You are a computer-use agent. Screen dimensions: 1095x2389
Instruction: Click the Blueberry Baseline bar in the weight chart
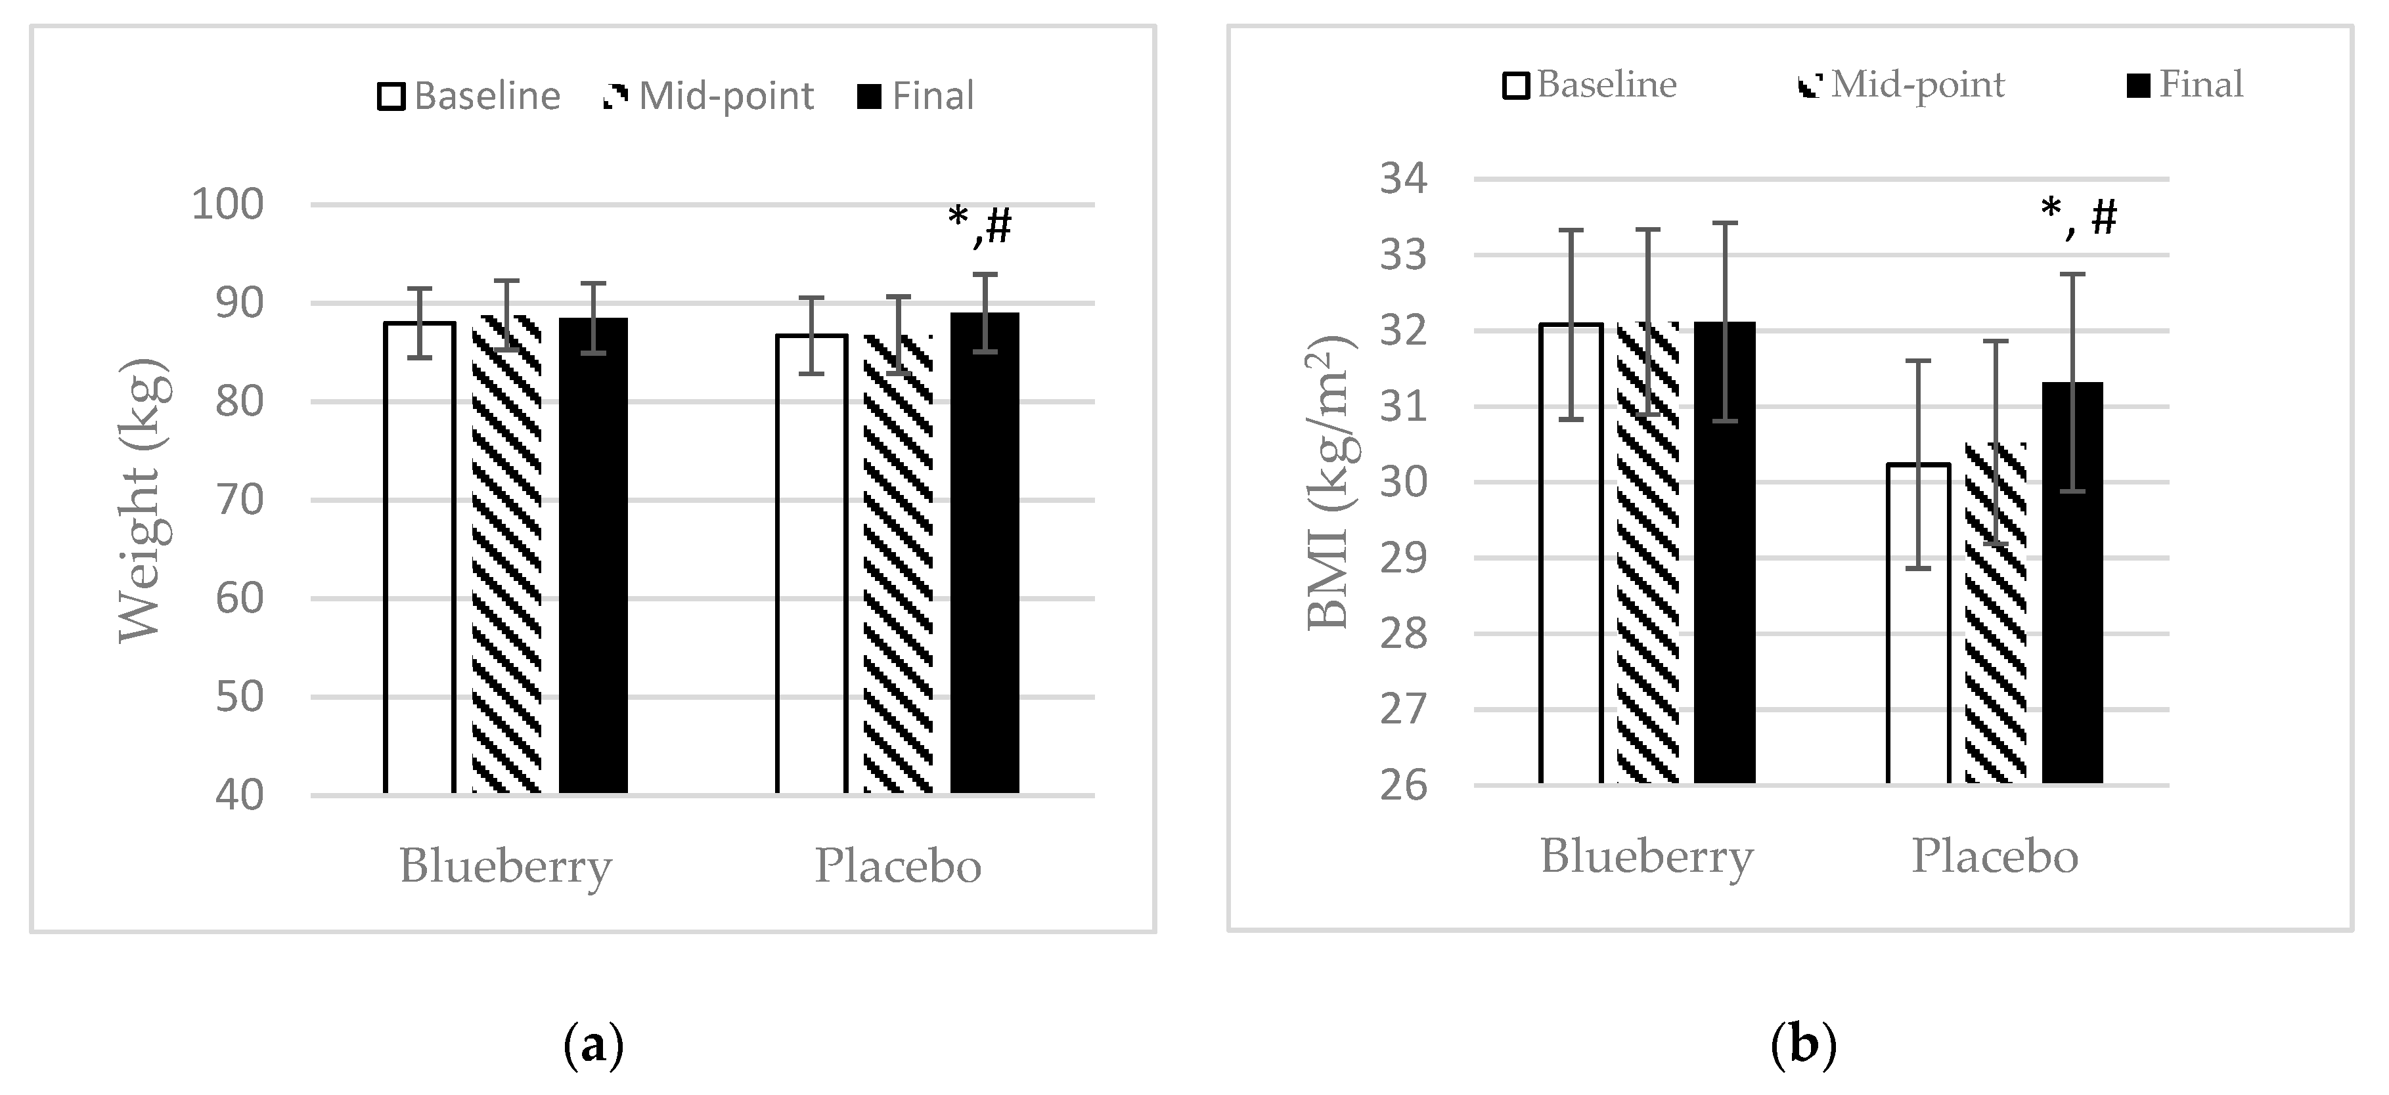[419, 556]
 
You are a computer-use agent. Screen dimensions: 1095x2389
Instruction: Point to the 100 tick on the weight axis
[227, 204]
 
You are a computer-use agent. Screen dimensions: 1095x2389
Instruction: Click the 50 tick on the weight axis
[239, 697]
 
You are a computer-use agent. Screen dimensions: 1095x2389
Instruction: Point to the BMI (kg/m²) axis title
[1330, 482]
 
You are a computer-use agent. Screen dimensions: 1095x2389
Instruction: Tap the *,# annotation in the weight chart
[980, 225]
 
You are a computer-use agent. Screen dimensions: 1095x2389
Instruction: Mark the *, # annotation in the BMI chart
[2078, 217]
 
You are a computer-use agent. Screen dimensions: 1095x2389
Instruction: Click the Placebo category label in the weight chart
[898, 866]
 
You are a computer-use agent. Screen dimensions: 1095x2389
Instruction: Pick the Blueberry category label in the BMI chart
[1646, 856]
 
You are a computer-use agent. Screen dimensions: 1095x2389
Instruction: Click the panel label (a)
[594, 1046]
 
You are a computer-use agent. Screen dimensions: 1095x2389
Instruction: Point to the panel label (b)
[1803, 1046]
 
